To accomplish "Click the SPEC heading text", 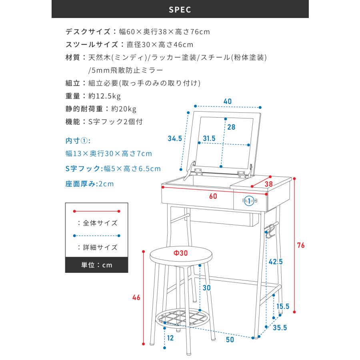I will pos(180,10).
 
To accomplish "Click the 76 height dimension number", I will pos(300,245).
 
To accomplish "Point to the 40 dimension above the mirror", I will pos(227,102).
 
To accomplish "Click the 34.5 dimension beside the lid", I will pos(175,138).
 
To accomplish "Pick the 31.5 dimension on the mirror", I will pos(209,138).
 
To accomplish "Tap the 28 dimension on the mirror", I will pos(231,127).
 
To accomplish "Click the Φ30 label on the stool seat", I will pos(180,253).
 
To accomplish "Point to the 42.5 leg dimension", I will pos(275,262).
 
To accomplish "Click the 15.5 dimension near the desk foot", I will pos(283,306).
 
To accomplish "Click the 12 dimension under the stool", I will pos(170,338).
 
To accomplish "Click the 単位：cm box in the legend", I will pos(96,265).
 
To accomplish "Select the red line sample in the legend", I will pos(96,210).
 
